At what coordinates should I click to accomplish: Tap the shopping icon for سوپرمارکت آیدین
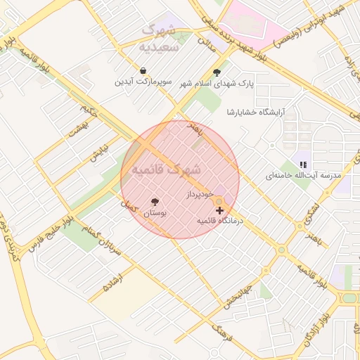143,71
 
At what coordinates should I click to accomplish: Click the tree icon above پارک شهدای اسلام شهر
217,72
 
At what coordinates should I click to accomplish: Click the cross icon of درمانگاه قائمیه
220,210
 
